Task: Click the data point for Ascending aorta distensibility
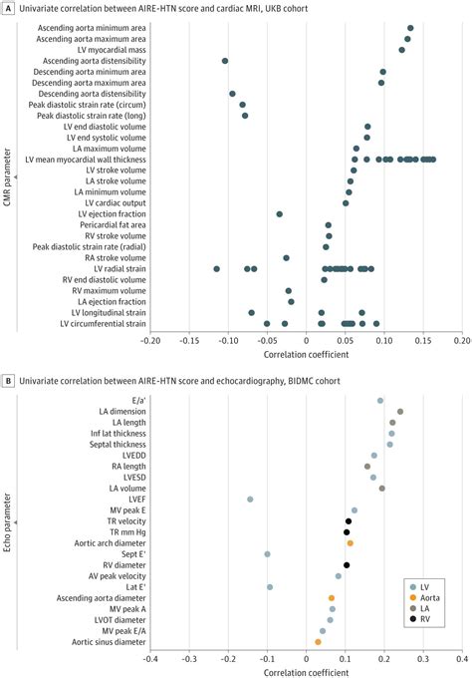225,61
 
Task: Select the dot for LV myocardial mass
402,50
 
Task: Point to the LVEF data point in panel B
250,499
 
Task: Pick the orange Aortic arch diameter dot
350,543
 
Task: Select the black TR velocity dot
349,520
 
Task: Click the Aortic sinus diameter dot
318,641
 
